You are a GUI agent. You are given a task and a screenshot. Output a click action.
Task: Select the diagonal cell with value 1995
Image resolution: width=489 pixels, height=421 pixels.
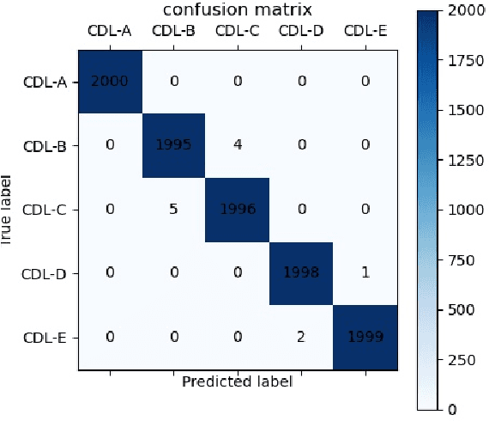(x=173, y=144)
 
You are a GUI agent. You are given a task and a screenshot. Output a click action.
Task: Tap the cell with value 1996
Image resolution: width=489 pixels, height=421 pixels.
(x=238, y=209)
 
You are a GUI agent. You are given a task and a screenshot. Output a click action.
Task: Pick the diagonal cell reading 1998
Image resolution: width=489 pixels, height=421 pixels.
(x=302, y=273)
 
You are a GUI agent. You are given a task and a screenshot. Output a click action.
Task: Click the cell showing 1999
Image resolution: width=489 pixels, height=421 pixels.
(x=366, y=338)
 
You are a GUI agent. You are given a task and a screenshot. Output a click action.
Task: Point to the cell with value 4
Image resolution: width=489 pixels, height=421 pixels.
(x=238, y=144)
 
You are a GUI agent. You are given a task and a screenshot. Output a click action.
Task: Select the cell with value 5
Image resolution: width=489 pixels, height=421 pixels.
(x=173, y=209)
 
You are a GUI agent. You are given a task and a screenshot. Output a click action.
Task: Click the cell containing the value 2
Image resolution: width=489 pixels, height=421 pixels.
(x=302, y=338)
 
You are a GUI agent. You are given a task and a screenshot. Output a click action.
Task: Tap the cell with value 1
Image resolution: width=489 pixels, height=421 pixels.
(x=366, y=273)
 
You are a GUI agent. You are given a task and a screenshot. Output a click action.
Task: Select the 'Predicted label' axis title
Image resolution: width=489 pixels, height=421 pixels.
(x=238, y=381)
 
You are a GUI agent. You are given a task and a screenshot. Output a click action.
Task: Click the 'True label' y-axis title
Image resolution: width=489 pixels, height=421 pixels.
(x=7, y=210)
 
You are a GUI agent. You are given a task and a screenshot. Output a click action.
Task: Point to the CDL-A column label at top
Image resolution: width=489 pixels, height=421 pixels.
(x=110, y=32)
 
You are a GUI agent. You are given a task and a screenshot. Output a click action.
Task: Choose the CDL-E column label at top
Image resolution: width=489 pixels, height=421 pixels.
(x=366, y=32)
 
